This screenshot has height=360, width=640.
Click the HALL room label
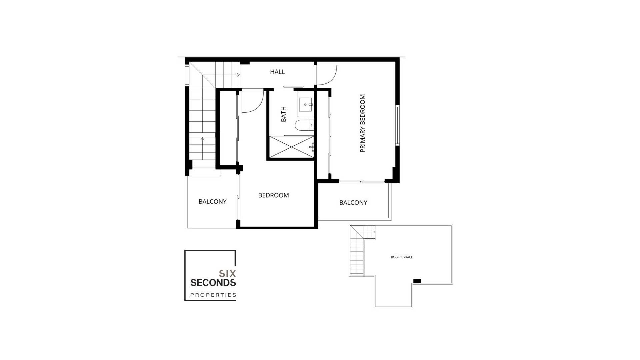pyautogui.click(x=277, y=72)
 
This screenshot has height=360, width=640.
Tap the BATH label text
pyautogui.click(x=284, y=114)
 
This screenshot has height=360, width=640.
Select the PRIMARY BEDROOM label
pyautogui.click(x=363, y=123)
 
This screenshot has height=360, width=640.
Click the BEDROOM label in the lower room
pyautogui.click(x=273, y=195)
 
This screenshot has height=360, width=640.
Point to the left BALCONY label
pyautogui.click(x=212, y=202)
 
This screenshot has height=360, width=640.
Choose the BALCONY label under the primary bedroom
pyautogui.click(x=353, y=203)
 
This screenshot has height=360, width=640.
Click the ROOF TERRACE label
pyautogui.click(x=402, y=257)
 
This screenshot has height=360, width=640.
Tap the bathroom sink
pyautogui.click(x=306, y=105)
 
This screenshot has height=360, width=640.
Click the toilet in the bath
pyautogui.click(x=304, y=125)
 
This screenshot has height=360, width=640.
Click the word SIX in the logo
pyautogui.click(x=227, y=274)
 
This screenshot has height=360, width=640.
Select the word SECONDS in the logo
pyautogui.click(x=213, y=283)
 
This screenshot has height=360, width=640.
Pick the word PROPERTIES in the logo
pyautogui.click(x=213, y=295)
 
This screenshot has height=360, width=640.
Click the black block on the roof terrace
pyautogui.click(x=417, y=281)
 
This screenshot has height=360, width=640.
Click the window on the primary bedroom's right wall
pyautogui.click(x=397, y=125)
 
